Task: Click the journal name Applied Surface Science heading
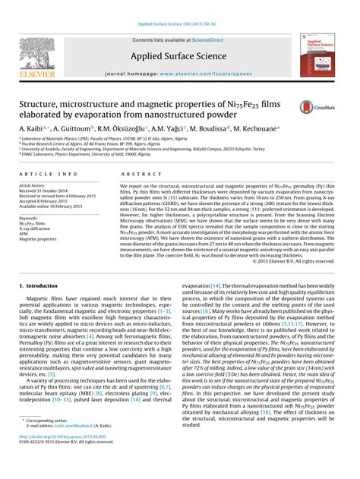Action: [179, 57]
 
